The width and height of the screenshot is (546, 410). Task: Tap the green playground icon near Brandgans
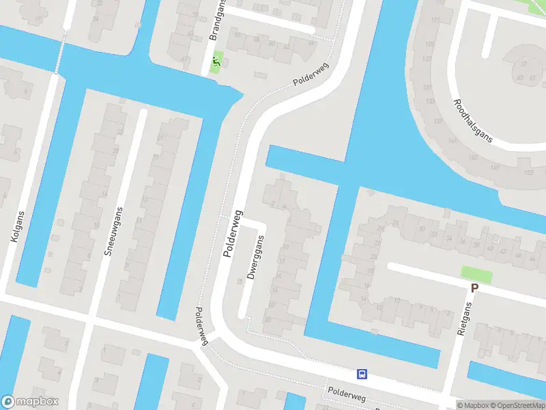coord(216,63)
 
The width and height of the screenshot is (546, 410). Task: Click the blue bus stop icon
coord(362,374)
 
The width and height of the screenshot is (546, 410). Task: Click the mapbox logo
coord(30,402)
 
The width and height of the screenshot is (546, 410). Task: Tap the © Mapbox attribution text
coord(473,405)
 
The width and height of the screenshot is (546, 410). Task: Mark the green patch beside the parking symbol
coord(476,274)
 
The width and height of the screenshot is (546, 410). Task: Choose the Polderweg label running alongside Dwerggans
coord(233,233)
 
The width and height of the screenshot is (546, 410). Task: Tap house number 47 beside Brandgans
coord(184,59)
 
